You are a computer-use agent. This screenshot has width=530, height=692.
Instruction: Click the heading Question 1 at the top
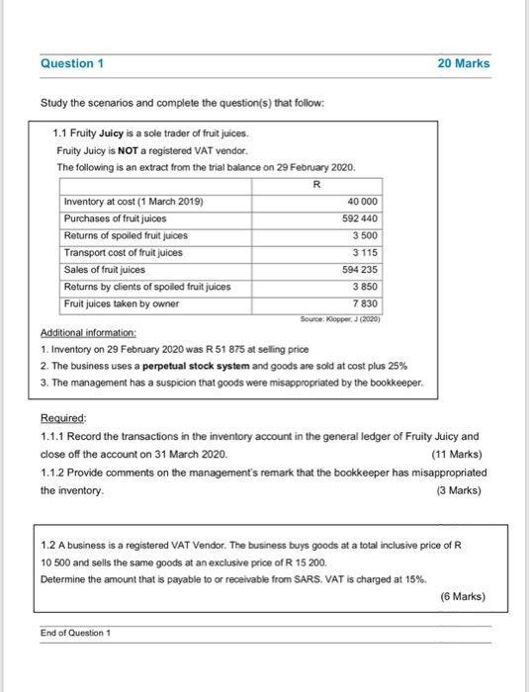(73, 64)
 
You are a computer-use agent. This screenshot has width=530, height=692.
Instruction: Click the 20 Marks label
(463, 64)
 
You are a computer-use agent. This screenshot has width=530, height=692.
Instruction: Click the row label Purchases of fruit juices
(115, 218)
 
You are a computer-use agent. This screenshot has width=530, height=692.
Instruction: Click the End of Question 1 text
(80, 634)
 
